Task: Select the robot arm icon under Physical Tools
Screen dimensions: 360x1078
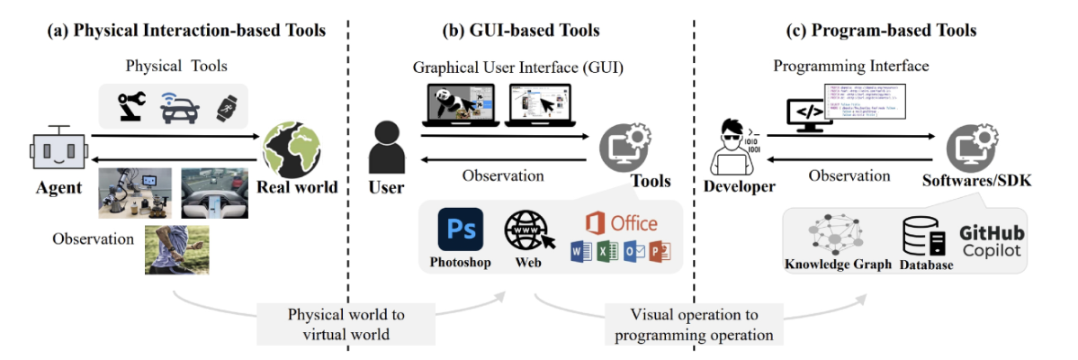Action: [x=132, y=105]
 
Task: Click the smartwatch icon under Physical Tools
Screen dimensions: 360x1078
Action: [x=224, y=106]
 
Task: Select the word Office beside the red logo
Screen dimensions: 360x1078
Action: [x=633, y=221]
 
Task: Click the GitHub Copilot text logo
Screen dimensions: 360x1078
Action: [x=992, y=241]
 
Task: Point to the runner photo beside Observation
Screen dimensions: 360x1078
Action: [x=177, y=249]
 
